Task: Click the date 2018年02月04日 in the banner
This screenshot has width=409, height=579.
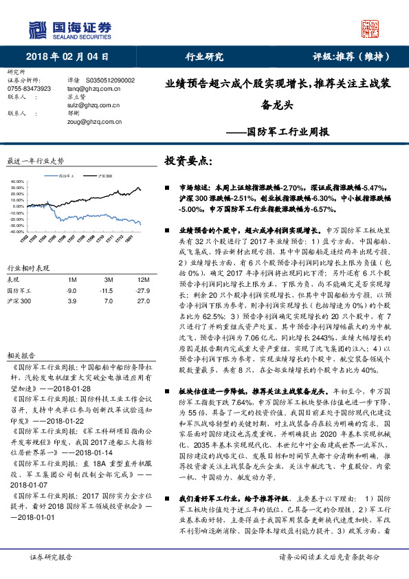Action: point(67,56)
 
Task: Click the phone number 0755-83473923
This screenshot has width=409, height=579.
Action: point(30,89)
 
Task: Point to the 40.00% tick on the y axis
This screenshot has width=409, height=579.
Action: point(16,183)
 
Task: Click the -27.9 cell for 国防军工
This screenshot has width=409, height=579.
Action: point(143,291)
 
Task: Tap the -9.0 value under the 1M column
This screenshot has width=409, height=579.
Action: point(70,291)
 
